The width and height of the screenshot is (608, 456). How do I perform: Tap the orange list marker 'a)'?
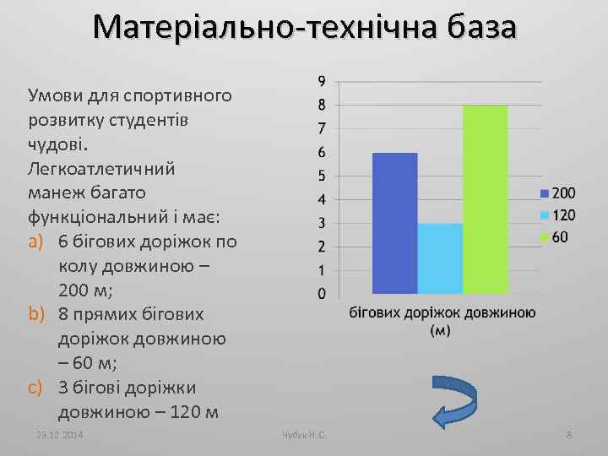pyautogui.click(x=35, y=242)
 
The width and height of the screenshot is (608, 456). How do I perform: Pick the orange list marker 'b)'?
pyautogui.click(x=35, y=314)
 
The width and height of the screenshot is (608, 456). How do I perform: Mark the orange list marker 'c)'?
pyautogui.click(x=35, y=388)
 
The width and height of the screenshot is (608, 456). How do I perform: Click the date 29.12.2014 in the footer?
pyautogui.click(x=61, y=434)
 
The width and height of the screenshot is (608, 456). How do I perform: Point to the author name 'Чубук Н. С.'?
pyautogui.click(x=304, y=434)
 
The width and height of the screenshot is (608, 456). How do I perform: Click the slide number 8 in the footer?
pyautogui.click(x=569, y=434)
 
